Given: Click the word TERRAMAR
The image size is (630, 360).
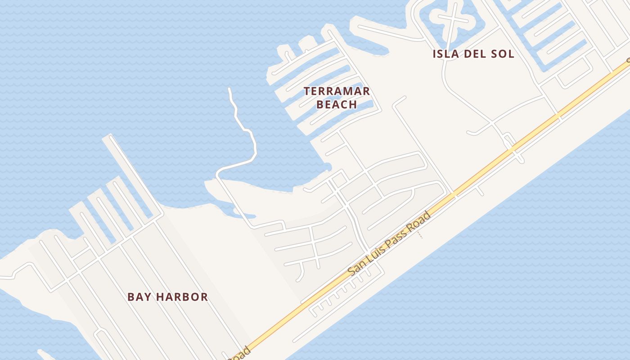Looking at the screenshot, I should point(337,91).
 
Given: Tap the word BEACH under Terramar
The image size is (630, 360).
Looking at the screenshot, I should point(337,104).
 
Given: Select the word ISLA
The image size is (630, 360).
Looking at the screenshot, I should point(447,54).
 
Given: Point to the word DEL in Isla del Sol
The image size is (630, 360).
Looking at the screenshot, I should point(476,54).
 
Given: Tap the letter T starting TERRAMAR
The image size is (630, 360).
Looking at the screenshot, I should point(307,91).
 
